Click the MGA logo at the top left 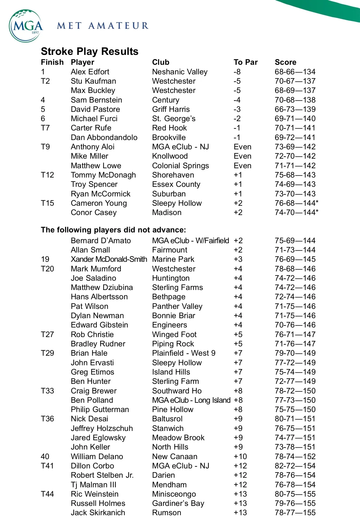click(x=26, y=26)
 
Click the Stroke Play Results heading click(x=89, y=52)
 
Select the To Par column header click(x=245, y=62)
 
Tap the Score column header click(x=285, y=62)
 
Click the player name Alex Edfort click(x=90, y=72)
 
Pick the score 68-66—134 click(x=295, y=72)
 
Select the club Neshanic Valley click(x=180, y=72)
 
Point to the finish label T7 click(x=45, y=128)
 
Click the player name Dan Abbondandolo click(x=104, y=138)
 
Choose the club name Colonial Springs click(x=180, y=166)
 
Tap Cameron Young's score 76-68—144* click(x=296, y=203)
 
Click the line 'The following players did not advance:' click(x=113, y=230)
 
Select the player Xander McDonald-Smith click(x=109, y=259)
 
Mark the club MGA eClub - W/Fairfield click(x=190, y=241)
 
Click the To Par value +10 click(x=240, y=457)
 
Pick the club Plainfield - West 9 click(x=184, y=353)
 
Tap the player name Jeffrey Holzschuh click(x=102, y=429)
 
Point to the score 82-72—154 click(x=295, y=466)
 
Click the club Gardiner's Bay click(x=178, y=504)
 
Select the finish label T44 click(x=47, y=494)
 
